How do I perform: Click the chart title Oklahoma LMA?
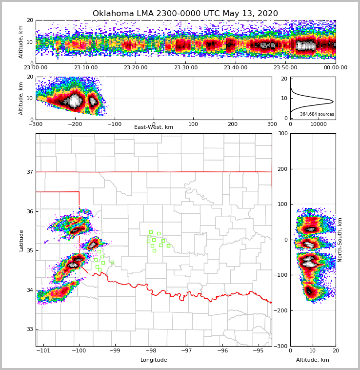[x=185, y=14]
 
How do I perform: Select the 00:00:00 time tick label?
[x=335, y=68]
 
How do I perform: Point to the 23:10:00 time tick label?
[x=85, y=68]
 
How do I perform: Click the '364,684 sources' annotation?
[x=317, y=114]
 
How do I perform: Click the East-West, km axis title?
[x=154, y=127]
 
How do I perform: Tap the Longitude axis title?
[x=154, y=360]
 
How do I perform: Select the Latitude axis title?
[x=21, y=240]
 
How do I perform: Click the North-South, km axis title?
[x=340, y=240]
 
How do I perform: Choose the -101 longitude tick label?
[x=43, y=351]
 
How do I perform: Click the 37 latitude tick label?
[x=30, y=172]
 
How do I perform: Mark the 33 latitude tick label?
[x=30, y=329]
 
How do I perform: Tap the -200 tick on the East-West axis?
[x=75, y=124]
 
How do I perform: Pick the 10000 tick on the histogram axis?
[x=319, y=124]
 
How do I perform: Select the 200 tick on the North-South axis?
[x=282, y=169]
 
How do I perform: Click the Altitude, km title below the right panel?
[x=313, y=360]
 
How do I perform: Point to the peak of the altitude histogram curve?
[x=333, y=102]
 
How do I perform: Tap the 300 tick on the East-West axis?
[x=272, y=124]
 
